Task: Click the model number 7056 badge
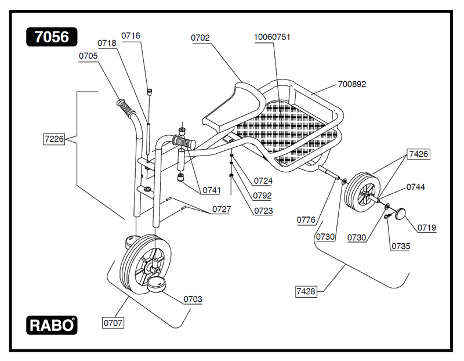click(52, 37)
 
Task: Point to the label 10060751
click(272, 37)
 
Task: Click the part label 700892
click(352, 84)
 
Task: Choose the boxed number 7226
click(53, 139)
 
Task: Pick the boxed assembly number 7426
click(419, 154)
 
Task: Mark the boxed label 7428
click(306, 291)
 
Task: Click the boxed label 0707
click(113, 321)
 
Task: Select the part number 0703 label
click(193, 299)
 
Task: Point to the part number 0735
click(401, 246)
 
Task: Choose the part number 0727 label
click(221, 209)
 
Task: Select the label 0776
click(306, 220)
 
